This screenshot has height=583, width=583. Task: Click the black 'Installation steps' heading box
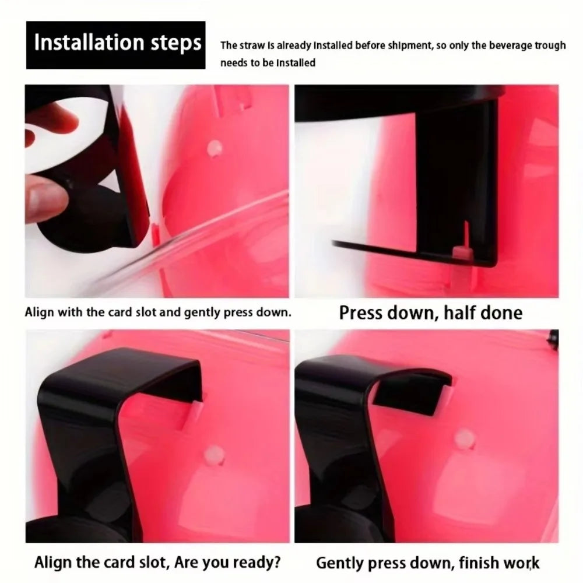point(115,45)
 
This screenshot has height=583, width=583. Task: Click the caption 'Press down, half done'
point(431,312)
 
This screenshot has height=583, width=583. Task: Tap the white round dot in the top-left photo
point(215,148)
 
